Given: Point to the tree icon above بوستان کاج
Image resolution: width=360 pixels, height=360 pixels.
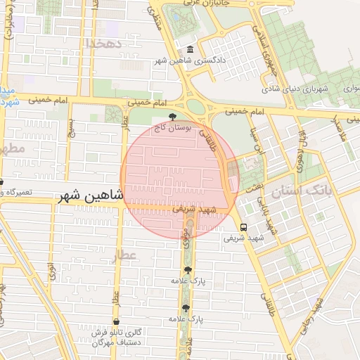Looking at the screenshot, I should click(x=172, y=117).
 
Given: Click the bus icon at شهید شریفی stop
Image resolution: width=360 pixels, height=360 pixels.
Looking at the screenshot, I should click(x=243, y=228).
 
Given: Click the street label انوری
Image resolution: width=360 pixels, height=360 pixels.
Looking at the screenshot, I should click(x=51, y=271).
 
